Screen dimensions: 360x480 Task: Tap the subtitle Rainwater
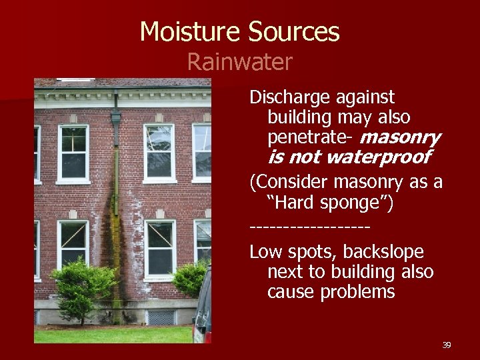pyautogui.click(x=239, y=62)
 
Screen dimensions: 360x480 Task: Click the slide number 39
pyautogui.click(x=446, y=345)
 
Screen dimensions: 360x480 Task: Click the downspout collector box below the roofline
pyautogui.click(x=116, y=119)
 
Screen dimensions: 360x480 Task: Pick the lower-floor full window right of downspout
pyautogui.click(x=160, y=249)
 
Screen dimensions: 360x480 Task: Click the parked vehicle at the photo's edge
pyautogui.click(x=203, y=310)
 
